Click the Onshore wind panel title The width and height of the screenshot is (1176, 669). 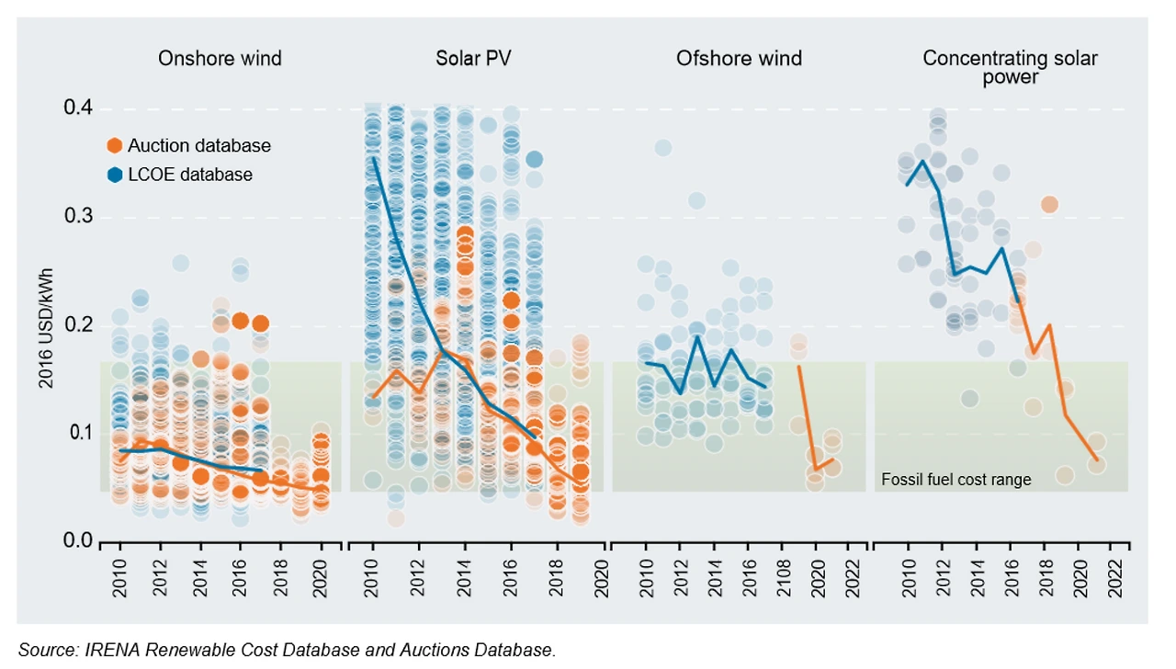coord(220,59)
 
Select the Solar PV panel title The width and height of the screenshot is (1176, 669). coord(473,59)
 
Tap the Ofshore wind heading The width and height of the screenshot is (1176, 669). coord(739,59)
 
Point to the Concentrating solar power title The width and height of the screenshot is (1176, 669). coord(1010,67)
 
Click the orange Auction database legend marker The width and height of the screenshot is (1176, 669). coord(115,145)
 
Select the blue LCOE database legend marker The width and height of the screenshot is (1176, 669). coord(115,174)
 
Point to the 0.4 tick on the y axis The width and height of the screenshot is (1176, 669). coord(78,108)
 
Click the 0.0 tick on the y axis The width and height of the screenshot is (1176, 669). coord(78,541)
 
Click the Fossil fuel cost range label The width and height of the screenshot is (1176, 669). coord(955,480)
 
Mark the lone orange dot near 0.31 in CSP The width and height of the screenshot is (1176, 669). coord(1049,204)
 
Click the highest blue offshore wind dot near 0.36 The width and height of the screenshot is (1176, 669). coord(662,148)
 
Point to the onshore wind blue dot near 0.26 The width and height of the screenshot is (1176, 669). coord(180,264)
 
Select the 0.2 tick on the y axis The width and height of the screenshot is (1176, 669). coord(78,325)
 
